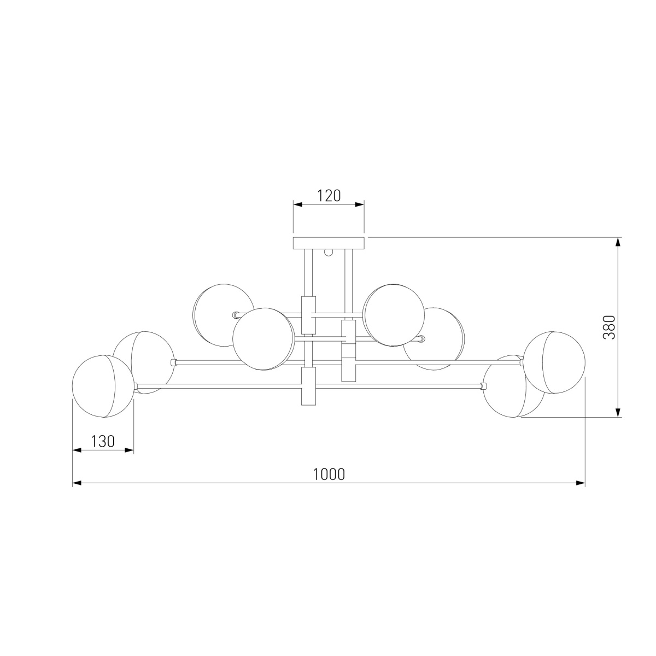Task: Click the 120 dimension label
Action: coord(329,196)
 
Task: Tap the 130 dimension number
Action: coord(102,442)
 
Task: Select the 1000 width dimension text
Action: coord(329,474)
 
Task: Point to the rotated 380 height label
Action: coord(609,327)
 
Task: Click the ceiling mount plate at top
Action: coord(329,242)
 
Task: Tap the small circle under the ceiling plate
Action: coord(329,252)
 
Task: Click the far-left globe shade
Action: coord(103,386)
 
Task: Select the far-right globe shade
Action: coord(554,362)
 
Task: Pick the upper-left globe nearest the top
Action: coord(224,315)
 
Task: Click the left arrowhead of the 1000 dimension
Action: coord(77,483)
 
